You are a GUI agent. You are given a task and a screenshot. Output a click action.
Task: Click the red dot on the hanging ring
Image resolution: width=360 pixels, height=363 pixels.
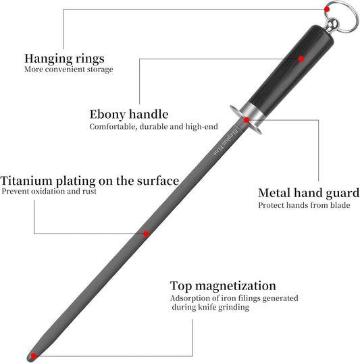pos(327,9)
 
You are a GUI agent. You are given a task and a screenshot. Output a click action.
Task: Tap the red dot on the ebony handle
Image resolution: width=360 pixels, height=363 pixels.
pos(301,59)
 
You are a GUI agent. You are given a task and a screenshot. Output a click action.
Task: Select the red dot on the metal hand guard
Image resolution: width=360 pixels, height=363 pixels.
pos(247,120)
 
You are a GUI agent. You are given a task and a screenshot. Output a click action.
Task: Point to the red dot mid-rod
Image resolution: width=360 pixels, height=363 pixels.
pos(146,234)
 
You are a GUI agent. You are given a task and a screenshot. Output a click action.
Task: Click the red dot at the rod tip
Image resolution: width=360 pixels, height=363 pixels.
pos(34,356)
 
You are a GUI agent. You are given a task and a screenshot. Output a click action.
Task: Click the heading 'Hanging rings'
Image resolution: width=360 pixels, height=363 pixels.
pos(64,59)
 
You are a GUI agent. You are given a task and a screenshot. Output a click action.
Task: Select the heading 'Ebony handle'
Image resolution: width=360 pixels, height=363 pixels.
pos(129,114)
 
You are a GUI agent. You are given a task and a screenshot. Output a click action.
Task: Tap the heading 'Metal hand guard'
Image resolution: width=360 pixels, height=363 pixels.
pos(309,193)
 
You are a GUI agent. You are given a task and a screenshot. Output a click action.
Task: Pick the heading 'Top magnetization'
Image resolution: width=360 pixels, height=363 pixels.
pos(223,286)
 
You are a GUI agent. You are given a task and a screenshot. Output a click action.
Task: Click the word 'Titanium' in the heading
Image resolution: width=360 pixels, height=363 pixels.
pos(26,181)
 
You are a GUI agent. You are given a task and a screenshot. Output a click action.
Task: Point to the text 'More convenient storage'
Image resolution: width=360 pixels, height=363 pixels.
pos(69,69)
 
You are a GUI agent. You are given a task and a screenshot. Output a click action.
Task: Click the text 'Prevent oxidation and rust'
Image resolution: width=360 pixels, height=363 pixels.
pos(49,192)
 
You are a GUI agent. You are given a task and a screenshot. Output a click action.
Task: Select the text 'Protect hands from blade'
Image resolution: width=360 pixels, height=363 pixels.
pos(304,205)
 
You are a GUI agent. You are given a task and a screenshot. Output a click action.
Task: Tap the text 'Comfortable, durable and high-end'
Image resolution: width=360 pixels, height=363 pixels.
pos(154,127)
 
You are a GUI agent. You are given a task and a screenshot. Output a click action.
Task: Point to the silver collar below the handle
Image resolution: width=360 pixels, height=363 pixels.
pos(253,110)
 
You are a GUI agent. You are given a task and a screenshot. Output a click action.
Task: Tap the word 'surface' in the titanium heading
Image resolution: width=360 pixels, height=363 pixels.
pos(158,181)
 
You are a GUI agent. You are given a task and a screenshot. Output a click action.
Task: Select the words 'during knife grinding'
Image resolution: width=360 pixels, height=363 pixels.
pos(211,307)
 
